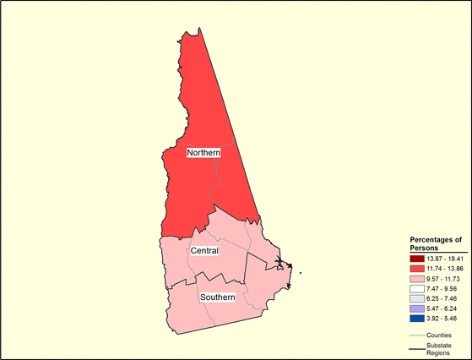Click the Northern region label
click(x=203, y=152)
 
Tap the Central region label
click(x=204, y=251)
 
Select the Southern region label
click(x=217, y=297)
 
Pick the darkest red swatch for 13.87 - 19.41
click(x=417, y=257)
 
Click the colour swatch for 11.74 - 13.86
click(x=417, y=267)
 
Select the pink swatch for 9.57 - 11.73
click(x=417, y=277)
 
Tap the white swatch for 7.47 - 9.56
click(x=417, y=288)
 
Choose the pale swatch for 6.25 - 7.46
click(x=417, y=298)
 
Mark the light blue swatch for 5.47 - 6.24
click(x=417, y=308)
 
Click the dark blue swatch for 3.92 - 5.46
click(x=417, y=319)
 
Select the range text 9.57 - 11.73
click(x=443, y=277)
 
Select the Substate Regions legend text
click(x=439, y=350)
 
